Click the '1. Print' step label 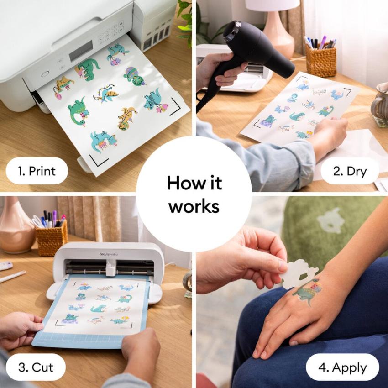37,171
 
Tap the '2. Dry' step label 349,171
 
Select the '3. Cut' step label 36,367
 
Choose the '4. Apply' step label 342,367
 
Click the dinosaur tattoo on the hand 307,293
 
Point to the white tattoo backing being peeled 299,273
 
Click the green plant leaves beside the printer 185,21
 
